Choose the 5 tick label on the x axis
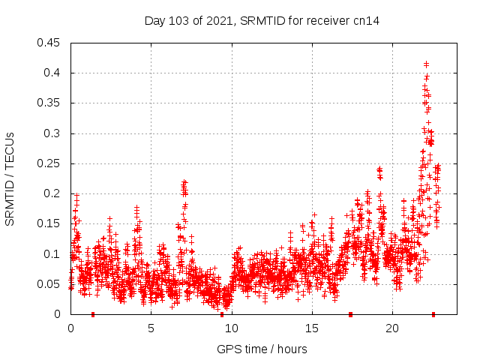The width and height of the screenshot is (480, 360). (151, 328)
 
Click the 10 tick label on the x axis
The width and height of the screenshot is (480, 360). (231, 328)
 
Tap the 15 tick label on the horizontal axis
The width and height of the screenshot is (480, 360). (311, 328)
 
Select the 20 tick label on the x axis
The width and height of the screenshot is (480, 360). (391, 328)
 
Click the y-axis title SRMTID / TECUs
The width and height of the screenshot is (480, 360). (10, 178)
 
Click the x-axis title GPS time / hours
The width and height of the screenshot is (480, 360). (262, 349)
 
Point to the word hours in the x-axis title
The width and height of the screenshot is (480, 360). (292, 349)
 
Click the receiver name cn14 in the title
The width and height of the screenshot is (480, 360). (367, 20)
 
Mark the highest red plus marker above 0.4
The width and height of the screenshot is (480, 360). (427, 64)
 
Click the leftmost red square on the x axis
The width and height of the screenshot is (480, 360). (93, 314)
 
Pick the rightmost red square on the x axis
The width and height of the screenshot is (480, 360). (433, 314)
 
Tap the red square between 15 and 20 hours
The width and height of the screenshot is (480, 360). (350, 314)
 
